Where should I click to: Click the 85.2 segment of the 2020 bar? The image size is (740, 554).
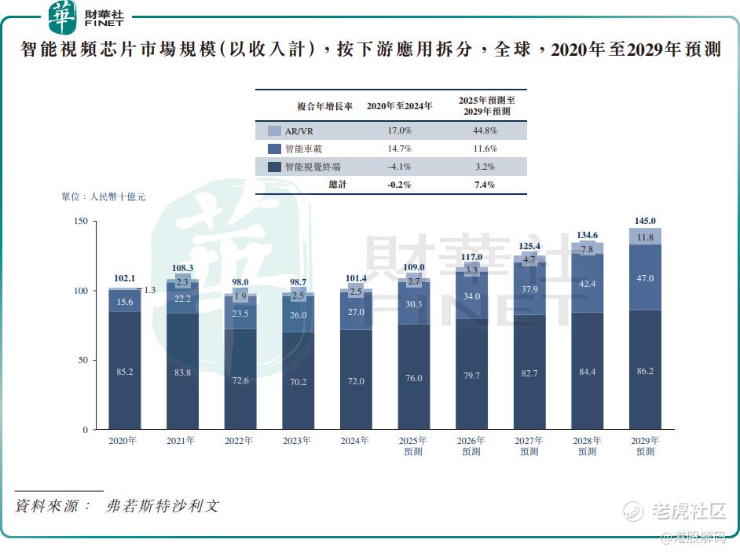tap(124, 371)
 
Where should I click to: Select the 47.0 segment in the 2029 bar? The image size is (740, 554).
tap(644, 278)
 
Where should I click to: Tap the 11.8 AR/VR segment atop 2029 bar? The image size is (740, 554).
tap(644, 237)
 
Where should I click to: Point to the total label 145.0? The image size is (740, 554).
tap(644, 221)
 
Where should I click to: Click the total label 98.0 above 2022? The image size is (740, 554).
tap(240, 282)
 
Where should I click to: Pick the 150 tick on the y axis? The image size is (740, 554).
tap(80, 222)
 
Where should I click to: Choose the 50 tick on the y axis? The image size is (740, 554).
tap(82, 361)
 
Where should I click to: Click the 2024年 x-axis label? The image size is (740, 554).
tap(355, 441)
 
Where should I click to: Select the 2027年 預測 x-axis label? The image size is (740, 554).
tap(529, 446)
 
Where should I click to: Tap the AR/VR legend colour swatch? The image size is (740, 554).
tap(274, 131)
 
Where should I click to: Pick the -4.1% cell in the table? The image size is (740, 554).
tap(399, 167)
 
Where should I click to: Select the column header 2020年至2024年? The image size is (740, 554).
tap(399, 106)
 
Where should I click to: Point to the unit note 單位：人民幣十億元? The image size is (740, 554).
tap(103, 197)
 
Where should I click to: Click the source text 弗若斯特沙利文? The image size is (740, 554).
tap(163, 506)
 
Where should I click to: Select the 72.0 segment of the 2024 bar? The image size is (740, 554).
tap(355, 381)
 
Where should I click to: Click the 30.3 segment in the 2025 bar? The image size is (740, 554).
tap(413, 304)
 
